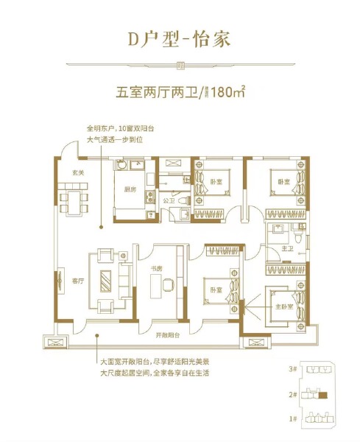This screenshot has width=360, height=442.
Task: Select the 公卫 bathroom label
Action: click(x=167, y=199)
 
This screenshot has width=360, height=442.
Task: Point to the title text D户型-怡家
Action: click(x=180, y=38)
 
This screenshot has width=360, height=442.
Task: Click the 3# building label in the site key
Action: click(x=292, y=368)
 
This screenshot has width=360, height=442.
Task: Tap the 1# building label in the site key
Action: click(x=292, y=418)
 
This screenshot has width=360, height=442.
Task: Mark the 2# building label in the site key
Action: click(x=292, y=396)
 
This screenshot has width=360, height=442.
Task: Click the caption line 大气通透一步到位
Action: click(x=113, y=138)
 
